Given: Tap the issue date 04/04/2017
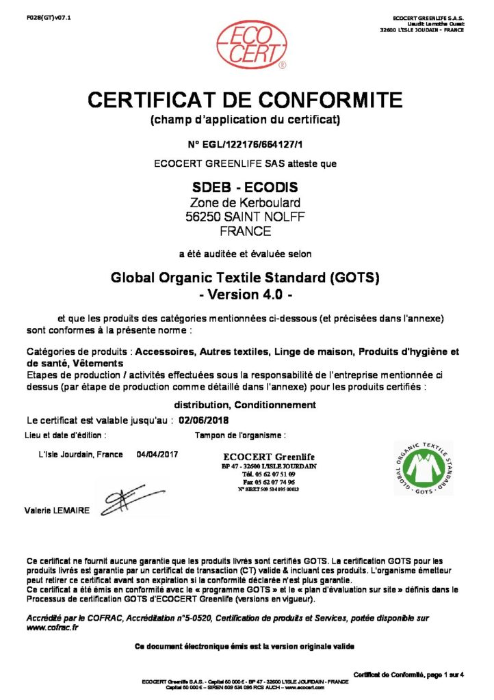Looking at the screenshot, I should coord(157,455).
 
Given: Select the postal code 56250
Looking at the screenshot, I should coord(203,217).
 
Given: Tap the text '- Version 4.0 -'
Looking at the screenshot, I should coord(244,295).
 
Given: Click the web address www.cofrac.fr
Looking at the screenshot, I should coord(51,628).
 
